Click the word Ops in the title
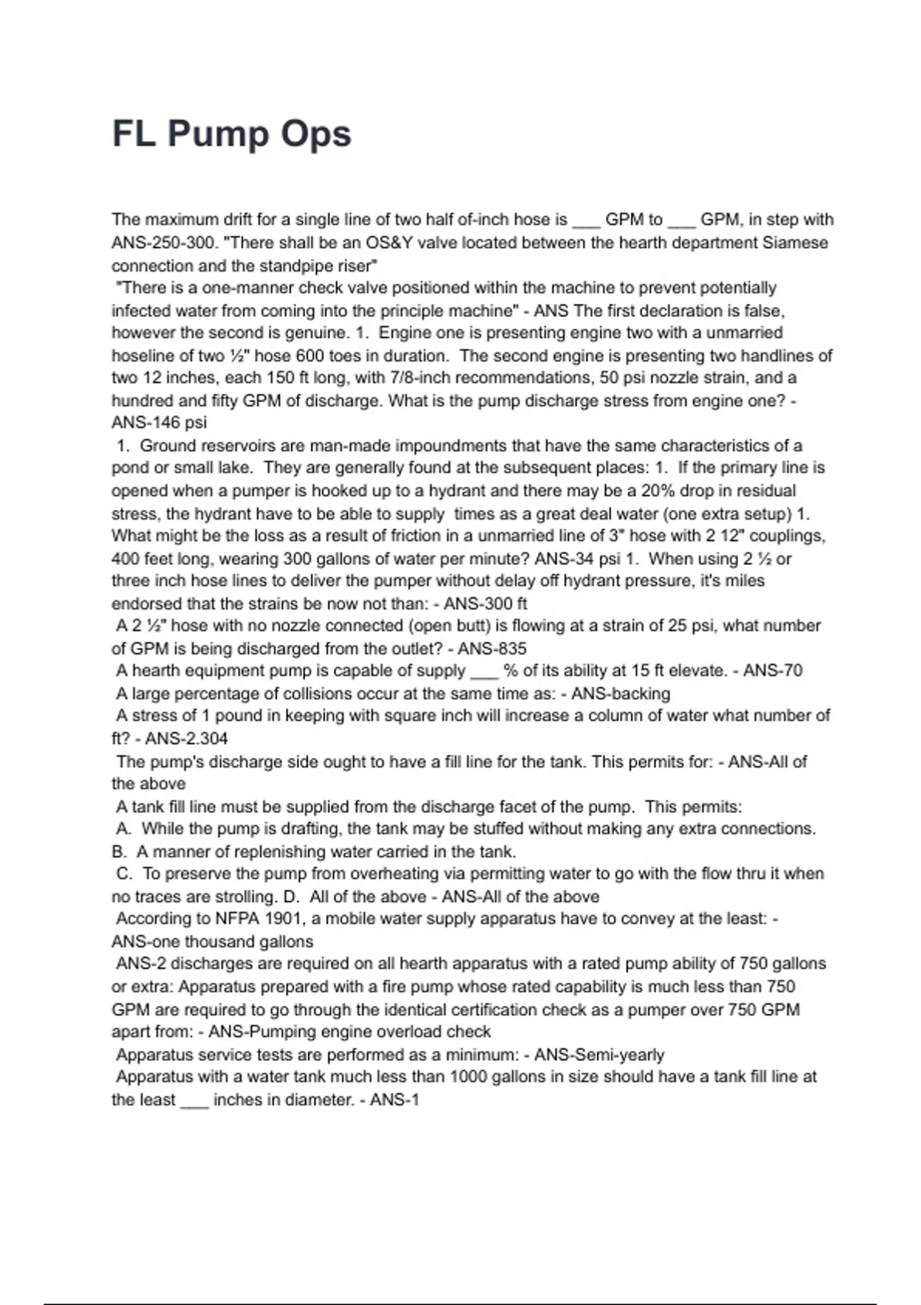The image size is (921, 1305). [315, 134]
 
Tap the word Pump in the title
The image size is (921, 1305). [218, 134]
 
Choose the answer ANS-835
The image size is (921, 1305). [492, 649]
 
